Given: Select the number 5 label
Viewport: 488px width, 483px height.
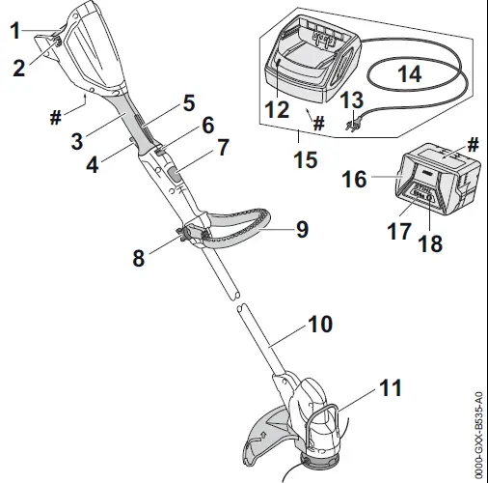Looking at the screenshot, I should [189, 100].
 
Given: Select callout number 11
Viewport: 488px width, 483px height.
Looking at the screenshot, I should [389, 390].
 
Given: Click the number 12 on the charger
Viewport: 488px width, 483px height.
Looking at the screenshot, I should [277, 109].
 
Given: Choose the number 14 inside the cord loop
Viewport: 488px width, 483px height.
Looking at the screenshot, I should [409, 71].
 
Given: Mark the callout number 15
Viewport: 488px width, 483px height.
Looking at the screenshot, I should [305, 160].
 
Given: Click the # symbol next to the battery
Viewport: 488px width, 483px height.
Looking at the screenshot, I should [473, 143].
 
